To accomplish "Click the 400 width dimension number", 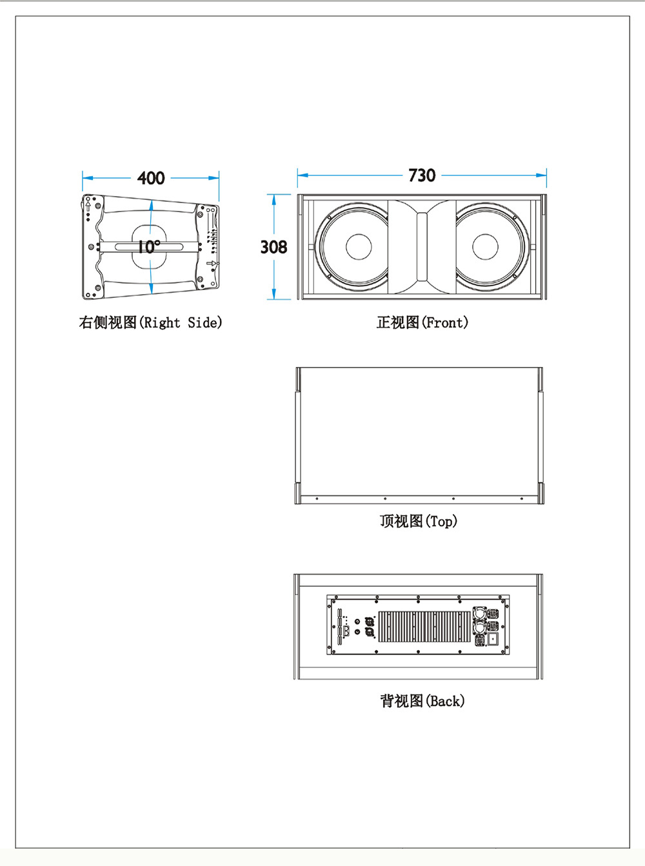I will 151,178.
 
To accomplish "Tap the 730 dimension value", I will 422,175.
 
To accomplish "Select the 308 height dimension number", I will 273,247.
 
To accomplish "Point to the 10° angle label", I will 148,247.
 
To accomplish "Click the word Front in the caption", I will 444,322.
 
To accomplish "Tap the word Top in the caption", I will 442,521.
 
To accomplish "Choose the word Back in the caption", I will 445,701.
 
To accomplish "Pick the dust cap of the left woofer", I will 359,246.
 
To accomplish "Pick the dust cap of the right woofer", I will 485,246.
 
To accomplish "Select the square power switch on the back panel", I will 493,639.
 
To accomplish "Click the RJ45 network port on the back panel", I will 347,631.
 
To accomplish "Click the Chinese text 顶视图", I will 401,521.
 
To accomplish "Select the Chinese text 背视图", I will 401,701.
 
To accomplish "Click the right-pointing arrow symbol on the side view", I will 211,263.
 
